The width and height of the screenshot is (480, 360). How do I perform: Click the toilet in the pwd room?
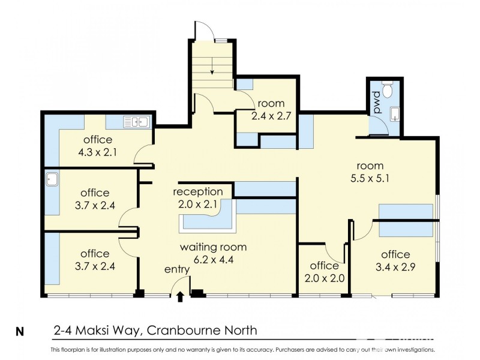click(387, 88)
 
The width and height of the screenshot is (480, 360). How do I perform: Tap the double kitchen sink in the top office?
click(137, 122)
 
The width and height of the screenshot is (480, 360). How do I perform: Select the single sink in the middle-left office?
click(52, 179)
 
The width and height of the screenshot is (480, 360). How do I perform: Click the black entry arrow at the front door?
click(181, 296)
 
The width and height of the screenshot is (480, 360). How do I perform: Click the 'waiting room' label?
click(214, 247)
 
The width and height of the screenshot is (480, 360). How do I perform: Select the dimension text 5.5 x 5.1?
click(370, 178)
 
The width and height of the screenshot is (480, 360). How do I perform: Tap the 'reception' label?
click(198, 192)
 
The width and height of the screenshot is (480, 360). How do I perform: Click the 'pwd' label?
click(377, 103)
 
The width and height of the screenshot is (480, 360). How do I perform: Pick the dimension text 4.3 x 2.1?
click(97, 152)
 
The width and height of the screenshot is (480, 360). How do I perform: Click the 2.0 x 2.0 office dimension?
click(325, 278)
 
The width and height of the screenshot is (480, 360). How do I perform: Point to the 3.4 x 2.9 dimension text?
click(395, 267)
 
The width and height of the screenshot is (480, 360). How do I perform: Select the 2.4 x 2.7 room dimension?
click(271, 116)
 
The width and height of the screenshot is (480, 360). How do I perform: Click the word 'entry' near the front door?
click(177, 269)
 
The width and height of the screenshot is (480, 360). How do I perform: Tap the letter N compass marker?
click(20, 332)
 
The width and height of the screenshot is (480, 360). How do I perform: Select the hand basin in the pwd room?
click(395, 114)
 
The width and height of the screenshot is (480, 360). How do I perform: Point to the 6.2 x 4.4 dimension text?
click(214, 260)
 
